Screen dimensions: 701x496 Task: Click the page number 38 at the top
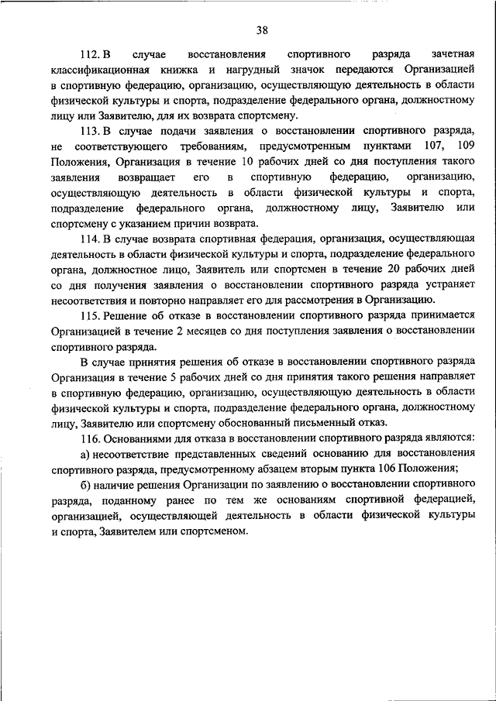pyautogui.click(x=261, y=30)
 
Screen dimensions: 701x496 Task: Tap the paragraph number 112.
pyautogui.click(x=90, y=56)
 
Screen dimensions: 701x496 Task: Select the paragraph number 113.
pyautogui.click(x=90, y=130)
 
